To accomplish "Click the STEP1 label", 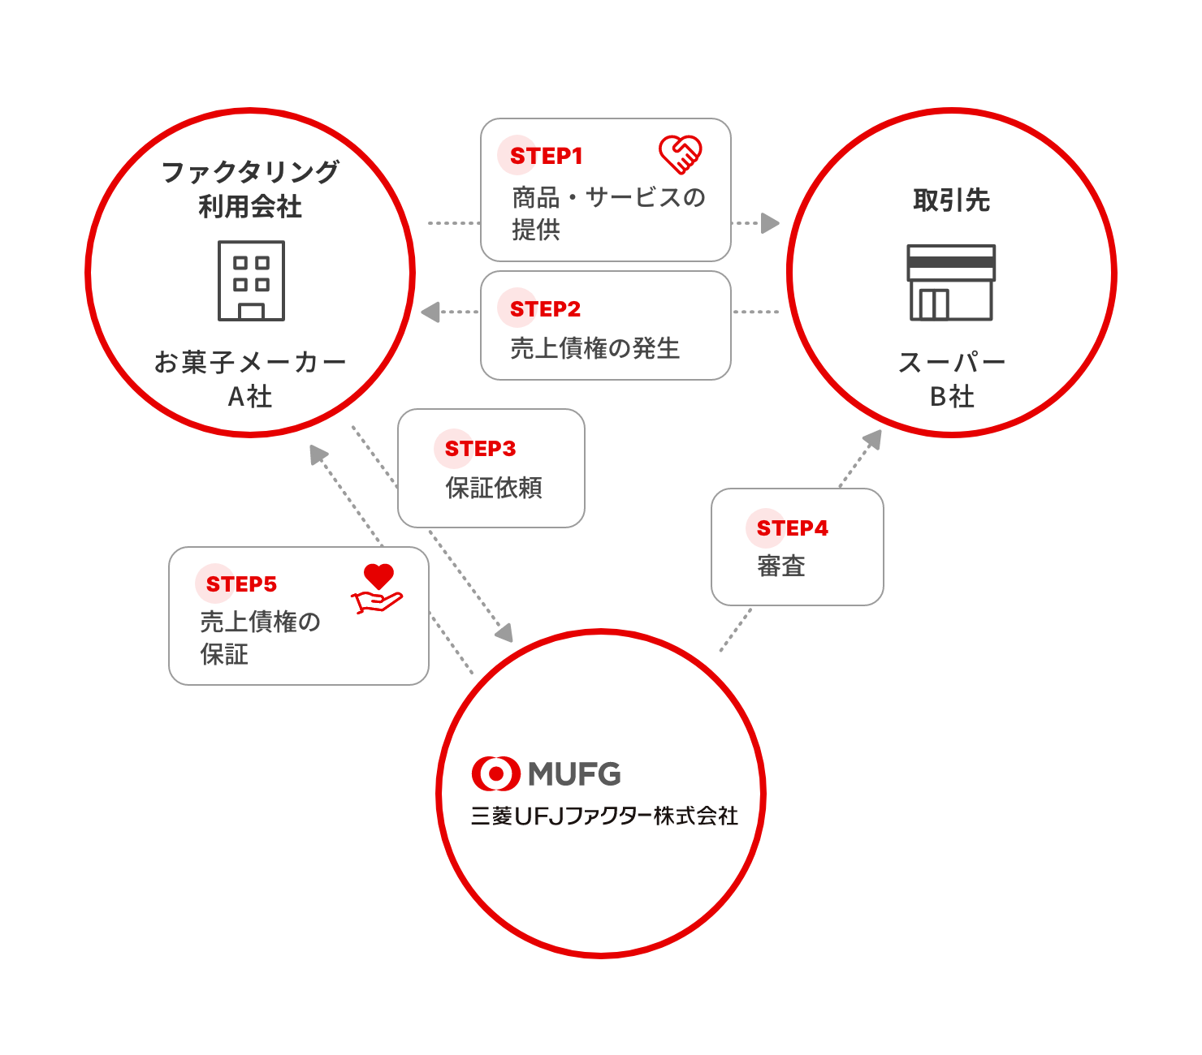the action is tap(545, 156).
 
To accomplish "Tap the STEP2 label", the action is tap(545, 309).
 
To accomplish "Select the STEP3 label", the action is tap(480, 448).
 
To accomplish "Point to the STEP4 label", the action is tap(791, 527).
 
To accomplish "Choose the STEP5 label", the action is tap(241, 583).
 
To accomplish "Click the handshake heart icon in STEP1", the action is tap(680, 155).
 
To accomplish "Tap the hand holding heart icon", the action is tap(378, 588).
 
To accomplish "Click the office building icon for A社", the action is tap(251, 281).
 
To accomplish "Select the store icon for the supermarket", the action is tap(950, 282).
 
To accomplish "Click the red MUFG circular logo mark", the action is tap(495, 773).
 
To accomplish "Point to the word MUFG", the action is tap(574, 774).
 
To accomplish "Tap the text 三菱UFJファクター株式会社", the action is tap(604, 816).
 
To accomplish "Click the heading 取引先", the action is tap(951, 200).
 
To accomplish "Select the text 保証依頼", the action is tap(494, 488).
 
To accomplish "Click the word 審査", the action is tap(780, 566).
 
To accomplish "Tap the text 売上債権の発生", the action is tap(595, 348).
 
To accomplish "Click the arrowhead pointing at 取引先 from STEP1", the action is tap(770, 223).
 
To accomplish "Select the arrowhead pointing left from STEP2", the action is tap(430, 312).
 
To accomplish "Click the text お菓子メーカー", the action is tap(250, 362).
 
